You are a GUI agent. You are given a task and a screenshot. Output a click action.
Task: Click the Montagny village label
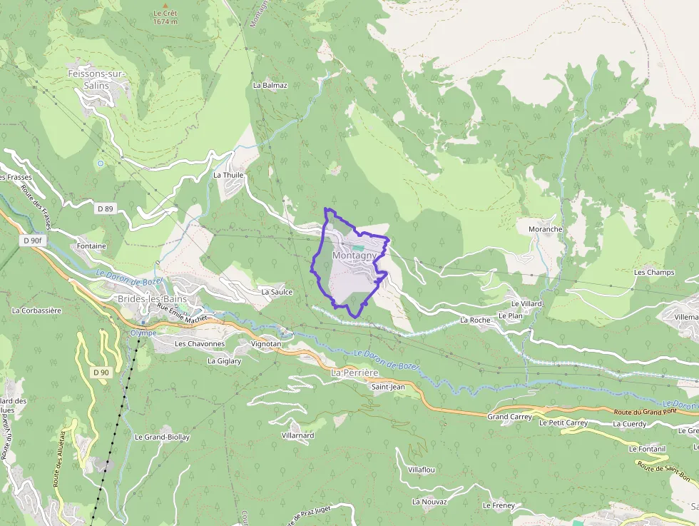pos(354,256)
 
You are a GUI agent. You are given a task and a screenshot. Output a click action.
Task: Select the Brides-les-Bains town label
pos(152,298)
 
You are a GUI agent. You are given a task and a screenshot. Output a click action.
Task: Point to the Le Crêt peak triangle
pos(165,5)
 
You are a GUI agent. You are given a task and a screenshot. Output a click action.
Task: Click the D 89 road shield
pos(104,208)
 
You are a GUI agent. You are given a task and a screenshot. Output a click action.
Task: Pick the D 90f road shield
pos(34,241)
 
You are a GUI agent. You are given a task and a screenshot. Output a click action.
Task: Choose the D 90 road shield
pos(101,372)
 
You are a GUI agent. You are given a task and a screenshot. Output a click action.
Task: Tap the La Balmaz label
pos(270,85)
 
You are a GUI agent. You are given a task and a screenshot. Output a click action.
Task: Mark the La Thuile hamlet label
pos(228,175)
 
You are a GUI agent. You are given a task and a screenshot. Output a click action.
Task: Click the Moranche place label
pos(545,229)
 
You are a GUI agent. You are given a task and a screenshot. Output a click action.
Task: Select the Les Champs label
pos(654,273)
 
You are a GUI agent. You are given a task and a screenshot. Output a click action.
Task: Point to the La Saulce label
pos(277,292)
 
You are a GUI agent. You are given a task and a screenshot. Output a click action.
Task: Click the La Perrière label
pos(354,373)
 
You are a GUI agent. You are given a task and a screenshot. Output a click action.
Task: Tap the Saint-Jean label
pos(388,387)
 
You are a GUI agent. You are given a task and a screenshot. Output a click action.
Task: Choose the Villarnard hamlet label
pos(297,435)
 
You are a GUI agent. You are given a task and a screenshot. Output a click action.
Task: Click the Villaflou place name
pos(421,470)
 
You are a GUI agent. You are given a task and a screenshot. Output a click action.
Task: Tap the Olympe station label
pos(143,333)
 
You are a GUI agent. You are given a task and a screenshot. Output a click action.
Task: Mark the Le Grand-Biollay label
pos(161,437)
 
